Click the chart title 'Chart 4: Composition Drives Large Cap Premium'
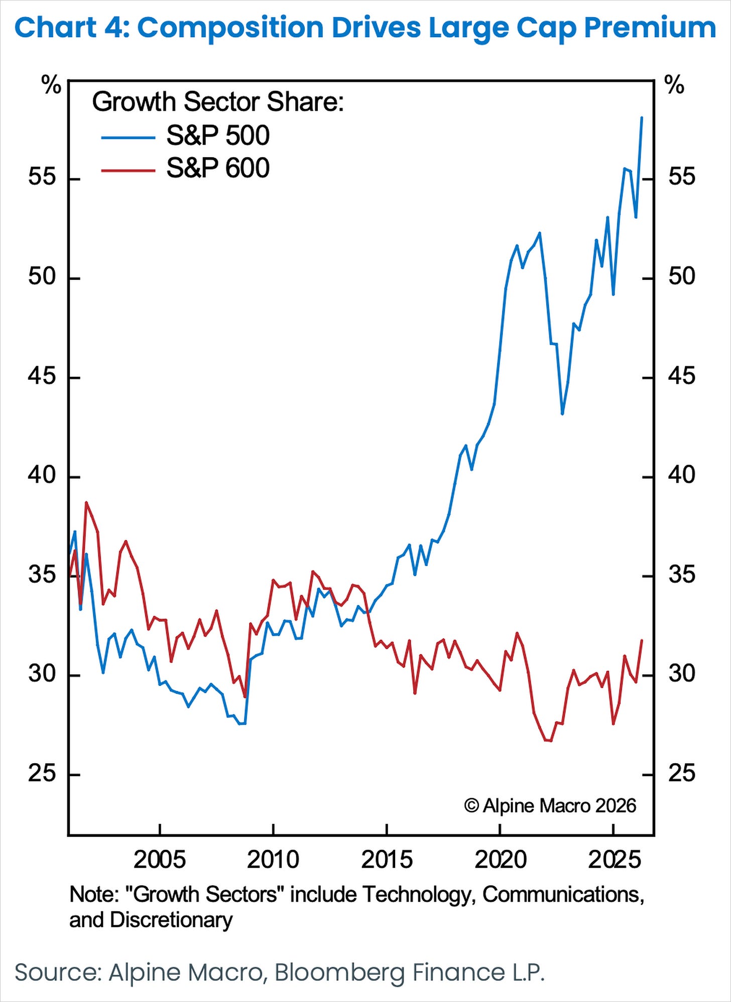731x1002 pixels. pyautogui.click(x=365, y=28)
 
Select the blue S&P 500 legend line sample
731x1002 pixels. pyautogui.click(x=128, y=137)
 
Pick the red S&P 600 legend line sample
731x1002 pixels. pyautogui.click(x=128, y=170)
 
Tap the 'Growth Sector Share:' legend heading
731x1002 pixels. pyautogui.click(x=217, y=102)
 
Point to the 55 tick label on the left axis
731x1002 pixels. pyautogui.click(x=42, y=177)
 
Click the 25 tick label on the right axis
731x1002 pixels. pyautogui.click(x=681, y=773)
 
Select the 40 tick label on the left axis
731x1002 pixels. pyautogui.click(x=42, y=475)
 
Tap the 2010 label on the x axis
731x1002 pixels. pyautogui.click(x=273, y=860)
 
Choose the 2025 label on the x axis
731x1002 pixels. pyautogui.click(x=614, y=860)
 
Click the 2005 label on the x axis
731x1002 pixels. pyautogui.click(x=159, y=860)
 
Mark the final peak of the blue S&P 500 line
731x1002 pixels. pyautogui.click(x=642, y=117)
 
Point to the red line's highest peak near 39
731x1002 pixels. pyautogui.click(x=86, y=502)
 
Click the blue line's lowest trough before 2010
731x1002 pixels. pyautogui.click(x=241, y=724)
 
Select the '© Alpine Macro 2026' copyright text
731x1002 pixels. pyautogui.click(x=550, y=806)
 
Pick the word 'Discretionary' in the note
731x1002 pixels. pyautogui.click(x=171, y=920)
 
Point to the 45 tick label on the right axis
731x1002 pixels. pyautogui.click(x=681, y=376)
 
